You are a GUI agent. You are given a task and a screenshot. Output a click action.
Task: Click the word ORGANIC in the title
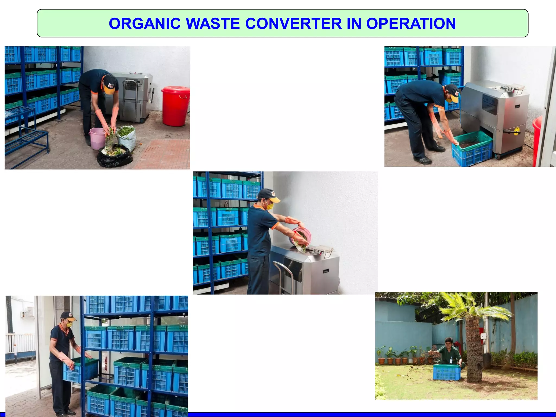(x=144, y=24)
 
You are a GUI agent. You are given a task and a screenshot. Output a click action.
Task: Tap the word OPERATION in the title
(x=411, y=24)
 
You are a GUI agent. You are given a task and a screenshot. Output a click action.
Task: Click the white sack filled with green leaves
(x=127, y=137)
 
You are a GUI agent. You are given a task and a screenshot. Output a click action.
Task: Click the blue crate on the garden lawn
(x=447, y=372)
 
